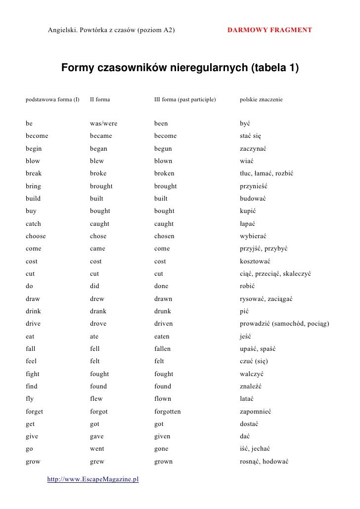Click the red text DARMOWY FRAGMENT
coord(270,30)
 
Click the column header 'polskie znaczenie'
coord(261,99)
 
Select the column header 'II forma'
coord(100,99)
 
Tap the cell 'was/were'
coord(103,123)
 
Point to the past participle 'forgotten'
coord(167,411)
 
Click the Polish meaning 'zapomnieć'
coord(256,411)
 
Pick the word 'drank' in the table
coord(98,311)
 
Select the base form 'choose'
coord(36,236)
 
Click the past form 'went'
coord(97,449)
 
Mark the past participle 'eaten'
coord(162,337)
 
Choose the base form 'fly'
coord(29,399)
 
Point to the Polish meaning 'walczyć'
coord(252,374)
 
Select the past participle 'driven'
coord(163,324)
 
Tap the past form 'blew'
coord(97,161)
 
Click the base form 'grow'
coord(33,462)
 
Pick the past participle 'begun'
coord(163,148)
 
